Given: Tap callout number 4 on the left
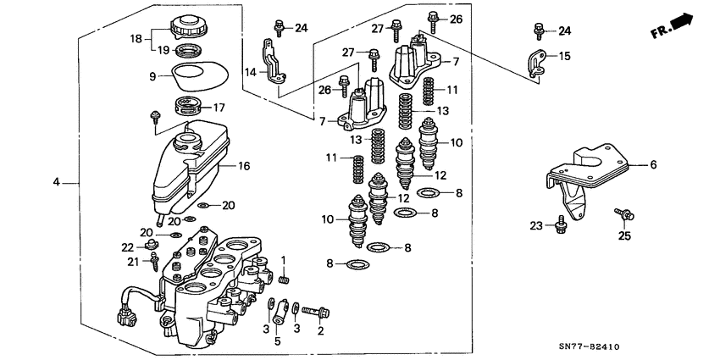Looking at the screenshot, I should point(56,182).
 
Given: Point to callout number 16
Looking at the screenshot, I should point(244,167).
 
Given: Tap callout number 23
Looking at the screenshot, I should point(534,225).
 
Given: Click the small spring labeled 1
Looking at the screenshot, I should point(284,279).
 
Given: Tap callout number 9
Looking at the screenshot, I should point(152,76).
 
